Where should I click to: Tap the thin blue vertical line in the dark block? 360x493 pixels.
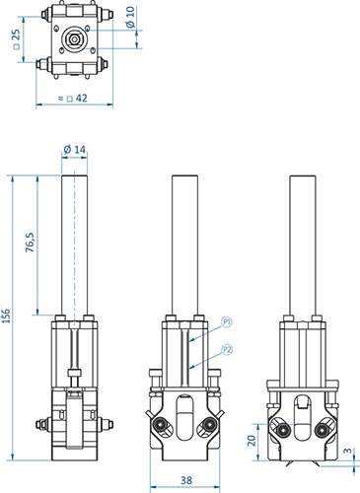74,246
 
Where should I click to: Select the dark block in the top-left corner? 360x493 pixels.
71,44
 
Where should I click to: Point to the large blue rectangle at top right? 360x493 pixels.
237,54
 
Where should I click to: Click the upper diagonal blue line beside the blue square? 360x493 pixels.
203,335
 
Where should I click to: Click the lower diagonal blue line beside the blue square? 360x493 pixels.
203,364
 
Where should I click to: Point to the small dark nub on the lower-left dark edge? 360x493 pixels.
37,425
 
